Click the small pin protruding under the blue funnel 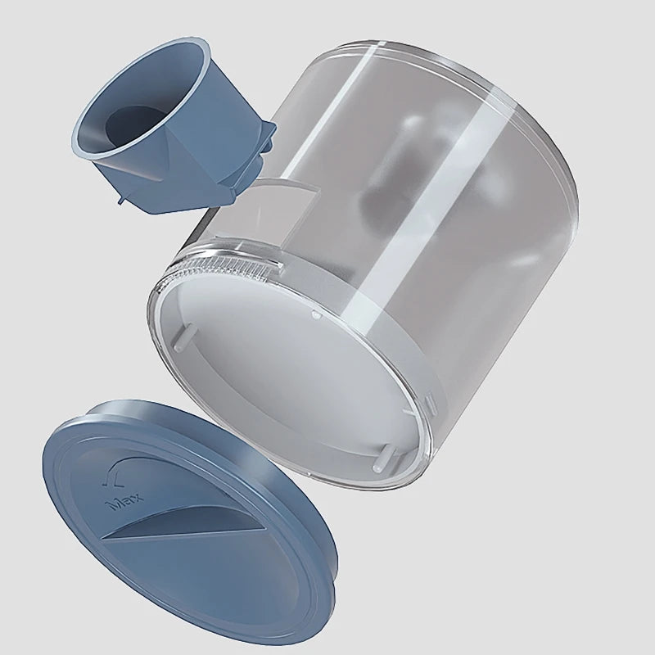click(120, 201)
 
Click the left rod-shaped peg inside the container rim click(183, 337)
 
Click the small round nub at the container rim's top click(316, 314)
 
